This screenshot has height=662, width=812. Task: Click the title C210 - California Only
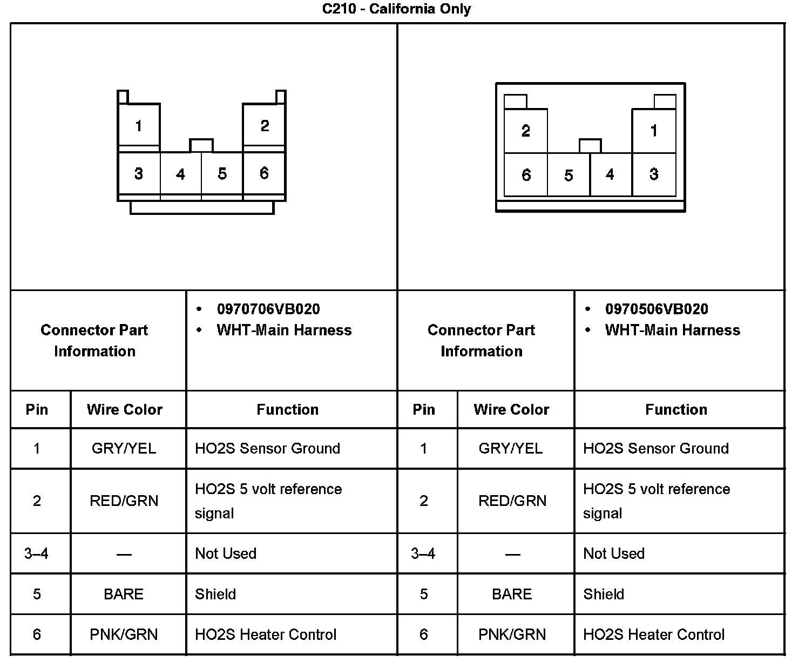click(x=396, y=9)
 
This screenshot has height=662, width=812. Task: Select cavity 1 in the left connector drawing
click(x=139, y=126)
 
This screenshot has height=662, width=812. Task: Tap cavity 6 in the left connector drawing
click(x=264, y=173)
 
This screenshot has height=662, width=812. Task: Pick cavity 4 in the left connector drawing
click(x=180, y=174)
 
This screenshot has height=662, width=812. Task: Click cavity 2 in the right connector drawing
click(x=525, y=131)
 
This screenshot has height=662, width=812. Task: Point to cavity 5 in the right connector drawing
click(x=569, y=175)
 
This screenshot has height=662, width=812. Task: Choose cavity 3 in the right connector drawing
click(x=654, y=174)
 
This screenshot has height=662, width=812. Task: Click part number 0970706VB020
click(x=268, y=309)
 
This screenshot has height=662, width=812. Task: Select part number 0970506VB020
click(x=657, y=309)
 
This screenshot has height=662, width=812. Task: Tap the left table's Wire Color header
click(x=125, y=409)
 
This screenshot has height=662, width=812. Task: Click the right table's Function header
click(x=676, y=409)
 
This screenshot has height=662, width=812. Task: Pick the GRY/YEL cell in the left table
click(x=124, y=448)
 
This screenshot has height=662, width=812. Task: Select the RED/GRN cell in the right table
click(x=512, y=501)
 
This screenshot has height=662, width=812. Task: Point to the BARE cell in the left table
click(x=124, y=594)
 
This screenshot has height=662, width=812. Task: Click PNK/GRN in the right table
click(x=512, y=634)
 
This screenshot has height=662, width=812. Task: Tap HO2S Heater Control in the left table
click(x=266, y=634)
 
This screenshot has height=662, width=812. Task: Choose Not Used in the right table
click(x=614, y=553)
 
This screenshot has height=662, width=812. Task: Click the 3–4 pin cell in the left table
click(x=37, y=553)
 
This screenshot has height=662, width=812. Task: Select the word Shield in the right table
click(x=604, y=594)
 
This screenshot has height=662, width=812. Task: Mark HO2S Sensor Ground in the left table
click(x=267, y=448)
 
